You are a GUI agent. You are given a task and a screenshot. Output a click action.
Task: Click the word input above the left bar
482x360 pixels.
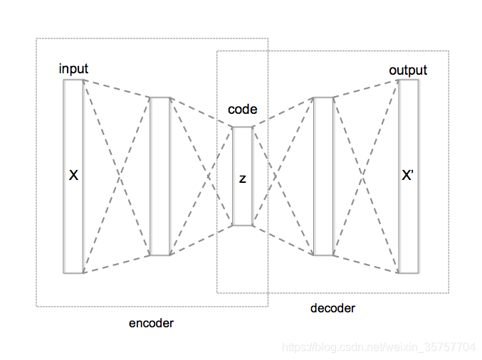pos(74,69)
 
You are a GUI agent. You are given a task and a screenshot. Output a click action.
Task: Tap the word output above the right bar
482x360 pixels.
pos(408,70)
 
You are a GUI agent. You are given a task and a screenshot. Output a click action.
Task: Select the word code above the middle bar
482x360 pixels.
pos(242,110)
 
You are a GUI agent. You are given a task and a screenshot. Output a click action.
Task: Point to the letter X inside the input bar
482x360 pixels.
pos(73,175)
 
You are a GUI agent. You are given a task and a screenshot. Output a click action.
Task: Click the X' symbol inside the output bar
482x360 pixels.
pos(408,175)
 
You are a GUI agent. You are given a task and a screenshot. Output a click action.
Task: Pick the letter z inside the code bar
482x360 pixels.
pos(242,179)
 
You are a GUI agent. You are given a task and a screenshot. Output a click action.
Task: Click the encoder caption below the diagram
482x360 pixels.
pos(151,323)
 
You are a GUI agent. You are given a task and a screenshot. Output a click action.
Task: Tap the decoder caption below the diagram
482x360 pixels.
pos(332,308)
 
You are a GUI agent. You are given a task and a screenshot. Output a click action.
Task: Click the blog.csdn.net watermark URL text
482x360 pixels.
pos(379,347)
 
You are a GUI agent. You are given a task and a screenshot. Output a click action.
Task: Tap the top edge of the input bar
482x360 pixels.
pos(73,80)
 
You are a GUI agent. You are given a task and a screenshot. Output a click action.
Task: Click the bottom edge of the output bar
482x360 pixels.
pos(408,272)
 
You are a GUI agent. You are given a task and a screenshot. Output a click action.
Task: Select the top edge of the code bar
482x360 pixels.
pos(242,127)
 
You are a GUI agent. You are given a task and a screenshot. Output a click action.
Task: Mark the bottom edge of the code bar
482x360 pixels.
pos(242,226)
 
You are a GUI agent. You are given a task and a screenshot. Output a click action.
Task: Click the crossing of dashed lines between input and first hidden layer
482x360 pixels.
pos(117,176)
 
